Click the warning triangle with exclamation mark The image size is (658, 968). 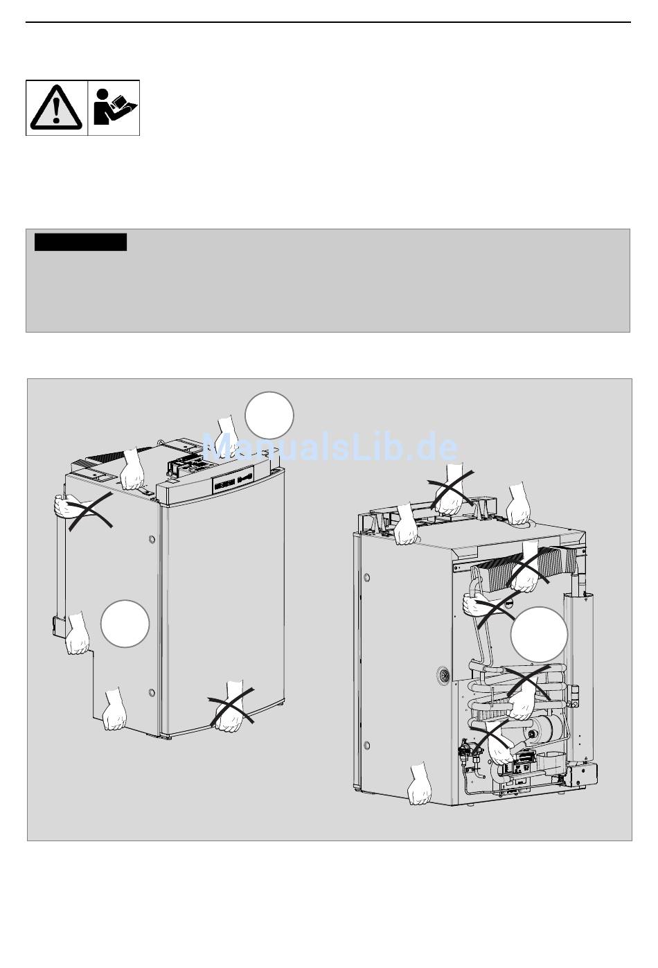[x=56, y=107]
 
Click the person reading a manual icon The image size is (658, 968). [x=114, y=107]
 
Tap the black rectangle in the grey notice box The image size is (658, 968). [x=81, y=242]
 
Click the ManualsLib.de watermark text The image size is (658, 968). [x=330, y=448]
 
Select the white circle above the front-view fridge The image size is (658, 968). [x=269, y=415]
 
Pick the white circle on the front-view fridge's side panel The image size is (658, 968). [x=125, y=624]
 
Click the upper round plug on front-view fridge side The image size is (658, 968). [x=152, y=539]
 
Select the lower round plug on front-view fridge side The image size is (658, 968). [x=151, y=693]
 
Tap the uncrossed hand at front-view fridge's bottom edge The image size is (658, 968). [x=114, y=709]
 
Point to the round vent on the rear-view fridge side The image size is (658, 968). [x=443, y=674]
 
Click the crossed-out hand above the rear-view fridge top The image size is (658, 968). [x=452, y=490]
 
